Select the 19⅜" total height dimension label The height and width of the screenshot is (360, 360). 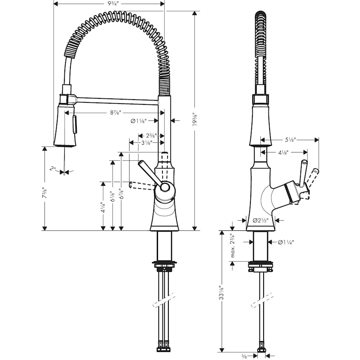[x=195, y=119]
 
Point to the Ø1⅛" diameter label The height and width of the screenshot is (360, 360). [x=139, y=120]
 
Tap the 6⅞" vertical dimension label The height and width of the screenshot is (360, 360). [x=120, y=195]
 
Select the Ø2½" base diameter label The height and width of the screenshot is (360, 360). [x=260, y=220]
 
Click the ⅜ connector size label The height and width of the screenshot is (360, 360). [x=244, y=356]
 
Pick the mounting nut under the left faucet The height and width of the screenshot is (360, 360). [x=164, y=264]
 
